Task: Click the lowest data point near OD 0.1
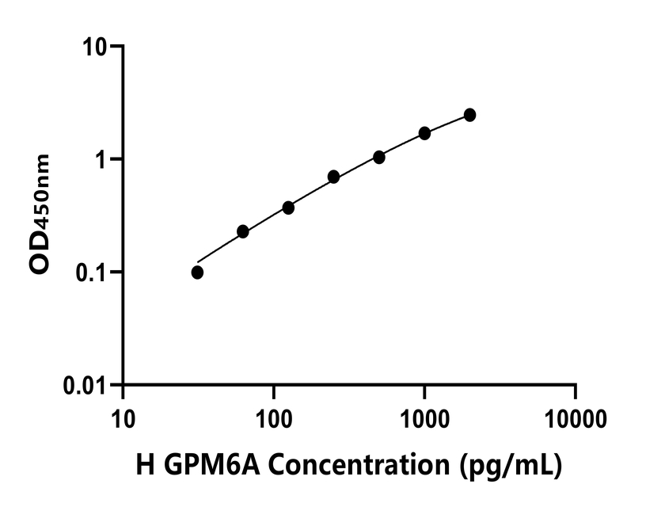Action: point(197,273)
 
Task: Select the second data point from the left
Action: point(243,231)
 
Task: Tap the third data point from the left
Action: point(288,208)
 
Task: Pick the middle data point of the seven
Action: point(334,177)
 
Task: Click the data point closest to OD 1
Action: point(379,157)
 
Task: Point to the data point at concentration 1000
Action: point(424,133)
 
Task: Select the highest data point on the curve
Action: point(469,115)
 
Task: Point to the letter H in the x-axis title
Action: point(143,467)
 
